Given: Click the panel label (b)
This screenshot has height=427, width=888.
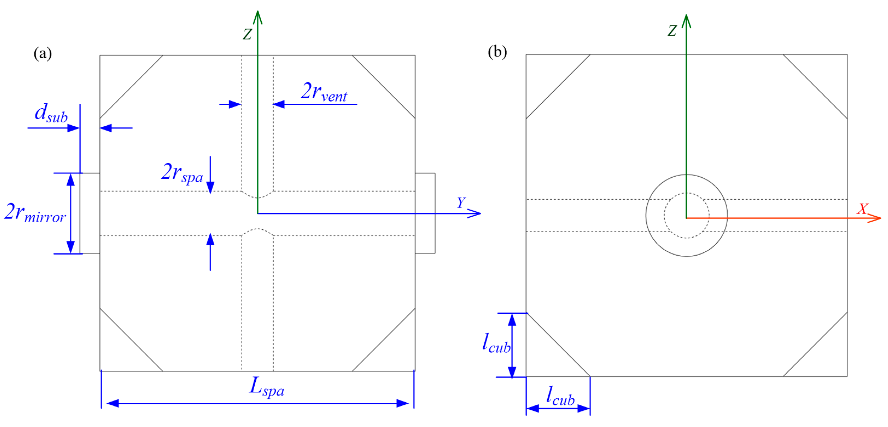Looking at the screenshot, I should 497,52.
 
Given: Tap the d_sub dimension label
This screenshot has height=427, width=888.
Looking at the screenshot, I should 51,113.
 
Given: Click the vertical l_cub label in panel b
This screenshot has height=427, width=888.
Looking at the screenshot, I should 496,344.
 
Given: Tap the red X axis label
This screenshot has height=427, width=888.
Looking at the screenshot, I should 863,209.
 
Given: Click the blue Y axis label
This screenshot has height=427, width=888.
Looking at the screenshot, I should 461,203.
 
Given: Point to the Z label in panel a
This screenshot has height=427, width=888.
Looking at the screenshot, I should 247,34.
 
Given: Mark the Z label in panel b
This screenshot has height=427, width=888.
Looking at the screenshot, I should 672,31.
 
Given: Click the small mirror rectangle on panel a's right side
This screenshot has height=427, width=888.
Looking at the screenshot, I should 425,213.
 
